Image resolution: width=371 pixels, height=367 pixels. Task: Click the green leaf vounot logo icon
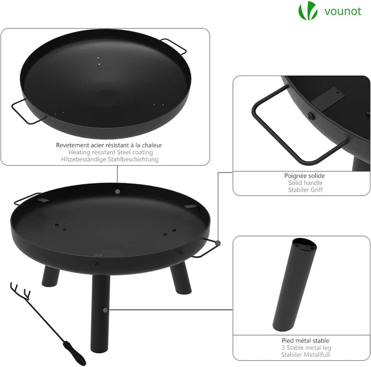coord(308,11)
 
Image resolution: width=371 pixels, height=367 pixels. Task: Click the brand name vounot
coord(343,11)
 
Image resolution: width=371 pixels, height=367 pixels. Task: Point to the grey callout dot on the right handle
coord(217,243)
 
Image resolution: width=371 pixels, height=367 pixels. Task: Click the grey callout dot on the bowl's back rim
coord(117,191)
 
